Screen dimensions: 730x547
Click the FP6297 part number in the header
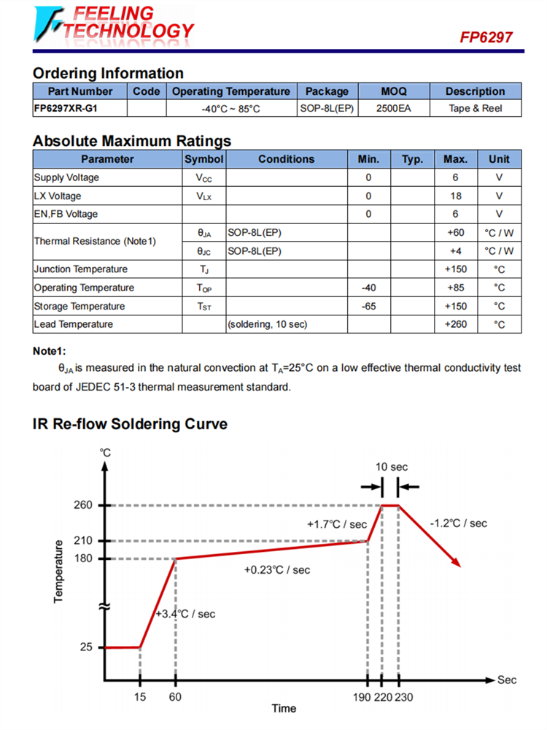486,36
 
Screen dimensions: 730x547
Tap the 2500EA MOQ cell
394,109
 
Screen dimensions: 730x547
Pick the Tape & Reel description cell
476,109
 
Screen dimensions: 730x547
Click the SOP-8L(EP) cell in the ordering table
327,109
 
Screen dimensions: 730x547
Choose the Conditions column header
287,159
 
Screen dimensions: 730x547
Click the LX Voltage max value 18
456,196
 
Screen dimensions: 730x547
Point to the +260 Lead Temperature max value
456,324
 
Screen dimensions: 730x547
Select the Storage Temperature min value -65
369,306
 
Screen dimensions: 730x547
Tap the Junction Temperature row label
79,269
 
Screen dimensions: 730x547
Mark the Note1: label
50,351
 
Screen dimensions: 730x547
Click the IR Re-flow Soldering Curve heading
131,424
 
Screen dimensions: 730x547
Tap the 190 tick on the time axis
362,697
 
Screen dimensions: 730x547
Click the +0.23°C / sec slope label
277,569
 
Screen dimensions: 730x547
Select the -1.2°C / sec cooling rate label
459,523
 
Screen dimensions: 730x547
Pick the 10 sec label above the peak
392,466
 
